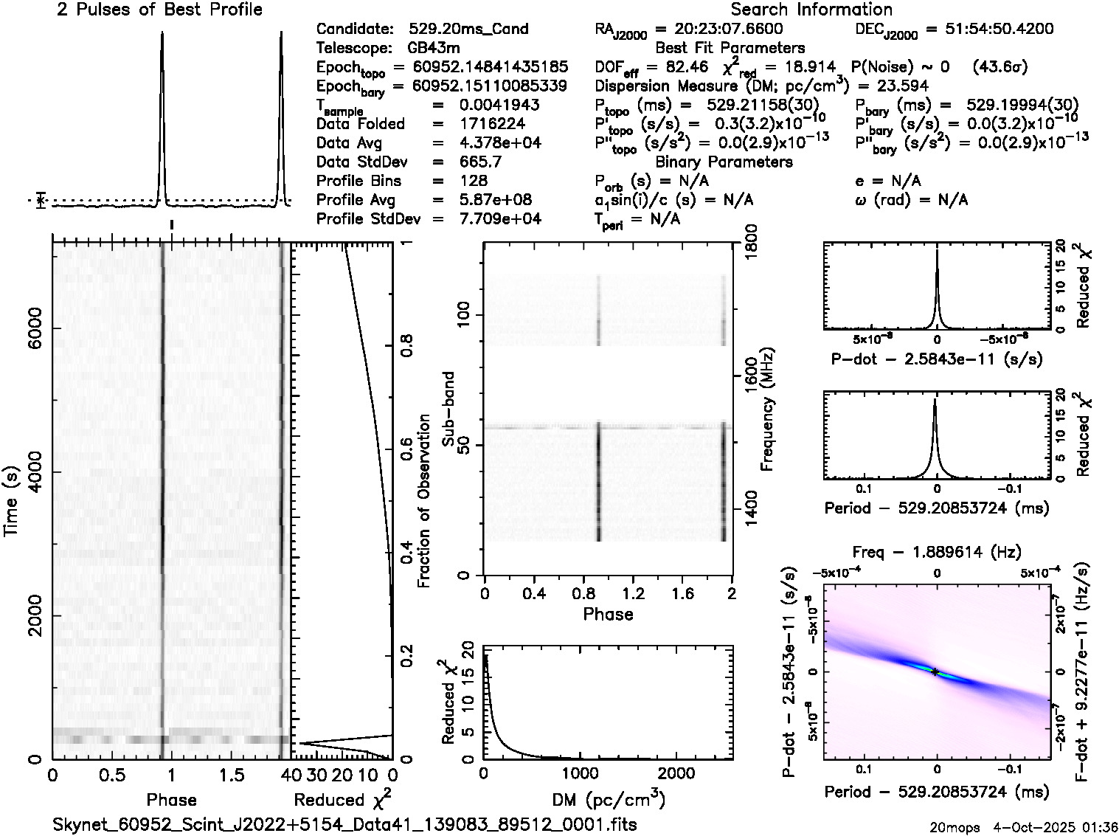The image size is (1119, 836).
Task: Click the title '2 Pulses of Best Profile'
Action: point(159,10)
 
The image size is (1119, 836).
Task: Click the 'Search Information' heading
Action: point(811,10)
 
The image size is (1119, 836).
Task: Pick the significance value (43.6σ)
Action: point(1000,67)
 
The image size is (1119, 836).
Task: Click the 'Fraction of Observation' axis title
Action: point(423,501)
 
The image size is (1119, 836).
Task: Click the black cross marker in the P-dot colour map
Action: point(935,671)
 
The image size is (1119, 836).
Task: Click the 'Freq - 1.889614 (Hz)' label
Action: point(937,552)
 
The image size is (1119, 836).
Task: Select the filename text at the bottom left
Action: point(344,824)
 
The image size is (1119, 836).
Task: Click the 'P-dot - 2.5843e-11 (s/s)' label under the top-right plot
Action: point(937,359)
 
